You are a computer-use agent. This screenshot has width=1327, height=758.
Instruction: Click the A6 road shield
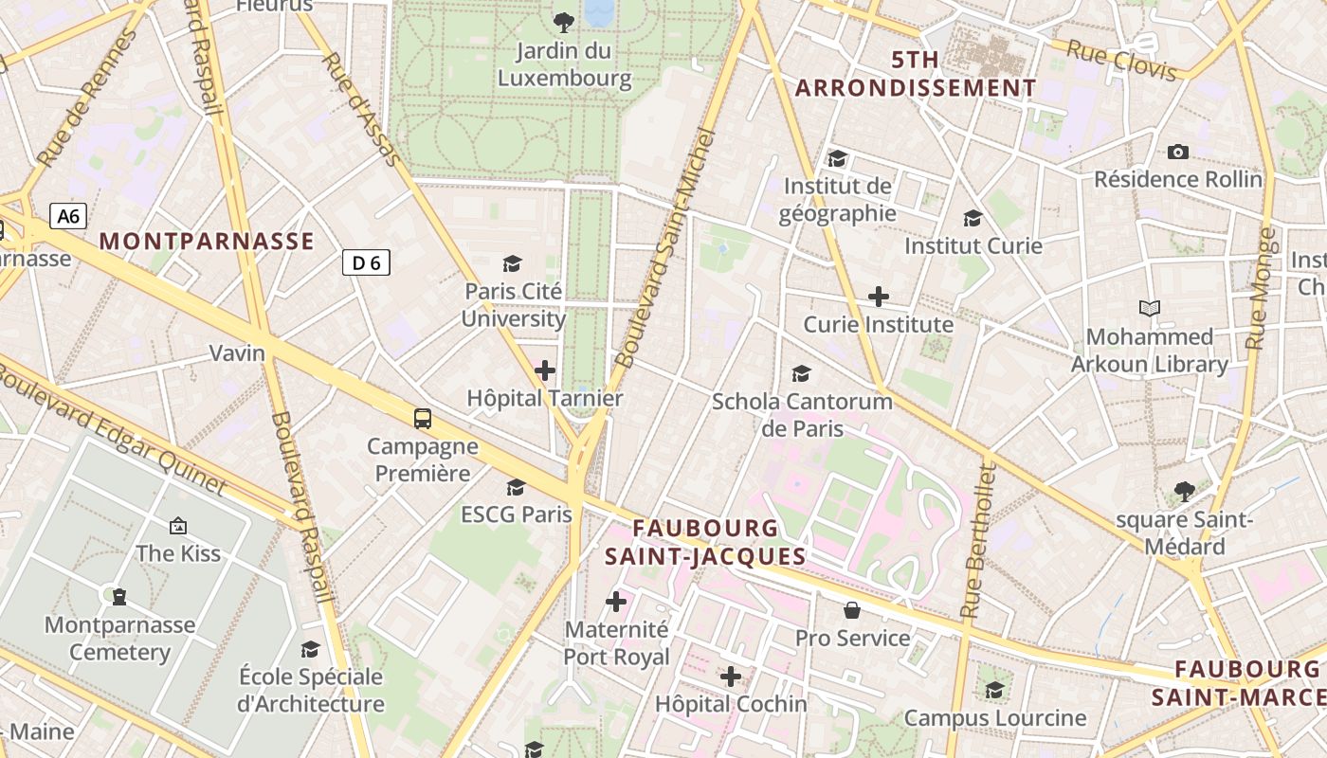[68, 216]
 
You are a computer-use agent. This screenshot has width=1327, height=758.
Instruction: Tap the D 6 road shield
[366, 262]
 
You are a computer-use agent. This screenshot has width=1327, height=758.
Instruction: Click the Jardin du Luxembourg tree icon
[564, 22]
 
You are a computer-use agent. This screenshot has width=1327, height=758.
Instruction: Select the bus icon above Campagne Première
[423, 418]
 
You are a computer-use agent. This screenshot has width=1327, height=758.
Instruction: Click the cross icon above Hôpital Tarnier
[545, 370]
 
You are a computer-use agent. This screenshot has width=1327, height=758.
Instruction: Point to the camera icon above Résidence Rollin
[1178, 152]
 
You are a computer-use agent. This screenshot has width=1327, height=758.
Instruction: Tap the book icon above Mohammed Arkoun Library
[1150, 308]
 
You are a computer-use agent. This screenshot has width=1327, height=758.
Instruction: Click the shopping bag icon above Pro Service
[852, 609]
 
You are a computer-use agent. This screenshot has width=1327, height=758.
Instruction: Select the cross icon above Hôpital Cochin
[731, 677]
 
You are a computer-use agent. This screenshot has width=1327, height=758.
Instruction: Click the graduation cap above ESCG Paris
[517, 487]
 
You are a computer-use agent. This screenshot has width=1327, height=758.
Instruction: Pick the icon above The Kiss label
[177, 525]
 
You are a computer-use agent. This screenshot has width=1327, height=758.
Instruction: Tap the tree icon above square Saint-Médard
[1184, 491]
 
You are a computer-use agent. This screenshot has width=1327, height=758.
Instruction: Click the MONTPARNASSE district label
[207, 242]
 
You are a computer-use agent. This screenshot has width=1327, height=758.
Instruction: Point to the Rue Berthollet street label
[977, 543]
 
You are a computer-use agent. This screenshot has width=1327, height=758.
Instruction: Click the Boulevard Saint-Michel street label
[668, 248]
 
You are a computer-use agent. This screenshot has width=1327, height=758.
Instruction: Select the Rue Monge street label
[1261, 289]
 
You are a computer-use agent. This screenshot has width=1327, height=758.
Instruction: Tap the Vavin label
[237, 353]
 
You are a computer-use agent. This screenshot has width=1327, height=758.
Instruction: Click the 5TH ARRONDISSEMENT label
[916, 74]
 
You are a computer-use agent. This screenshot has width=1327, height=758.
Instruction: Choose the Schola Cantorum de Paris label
[802, 414]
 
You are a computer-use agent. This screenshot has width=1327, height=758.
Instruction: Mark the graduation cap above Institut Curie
[973, 219]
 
